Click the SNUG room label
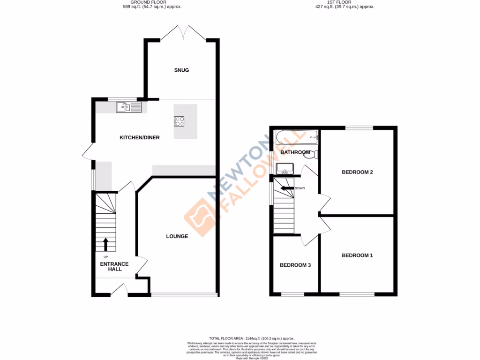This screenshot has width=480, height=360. (x=181, y=70)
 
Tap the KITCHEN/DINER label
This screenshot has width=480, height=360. (x=140, y=137)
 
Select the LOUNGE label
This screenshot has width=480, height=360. (x=177, y=236)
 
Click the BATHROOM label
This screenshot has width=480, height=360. (x=295, y=152)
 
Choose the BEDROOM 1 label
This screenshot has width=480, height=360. (x=357, y=255)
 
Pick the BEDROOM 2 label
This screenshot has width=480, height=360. (x=357, y=172)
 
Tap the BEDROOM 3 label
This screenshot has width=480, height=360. (x=295, y=265)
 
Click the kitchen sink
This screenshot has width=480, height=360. (x=128, y=108)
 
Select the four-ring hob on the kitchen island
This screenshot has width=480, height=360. (x=180, y=121)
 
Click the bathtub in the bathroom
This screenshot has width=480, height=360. (x=297, y=138)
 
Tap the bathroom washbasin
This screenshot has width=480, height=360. (x=285, y=168)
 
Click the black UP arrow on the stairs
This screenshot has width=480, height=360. (x=105, y=244)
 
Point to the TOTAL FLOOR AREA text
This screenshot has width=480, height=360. (x=251, y=338)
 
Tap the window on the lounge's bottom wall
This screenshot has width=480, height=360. (x=184, y=295)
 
